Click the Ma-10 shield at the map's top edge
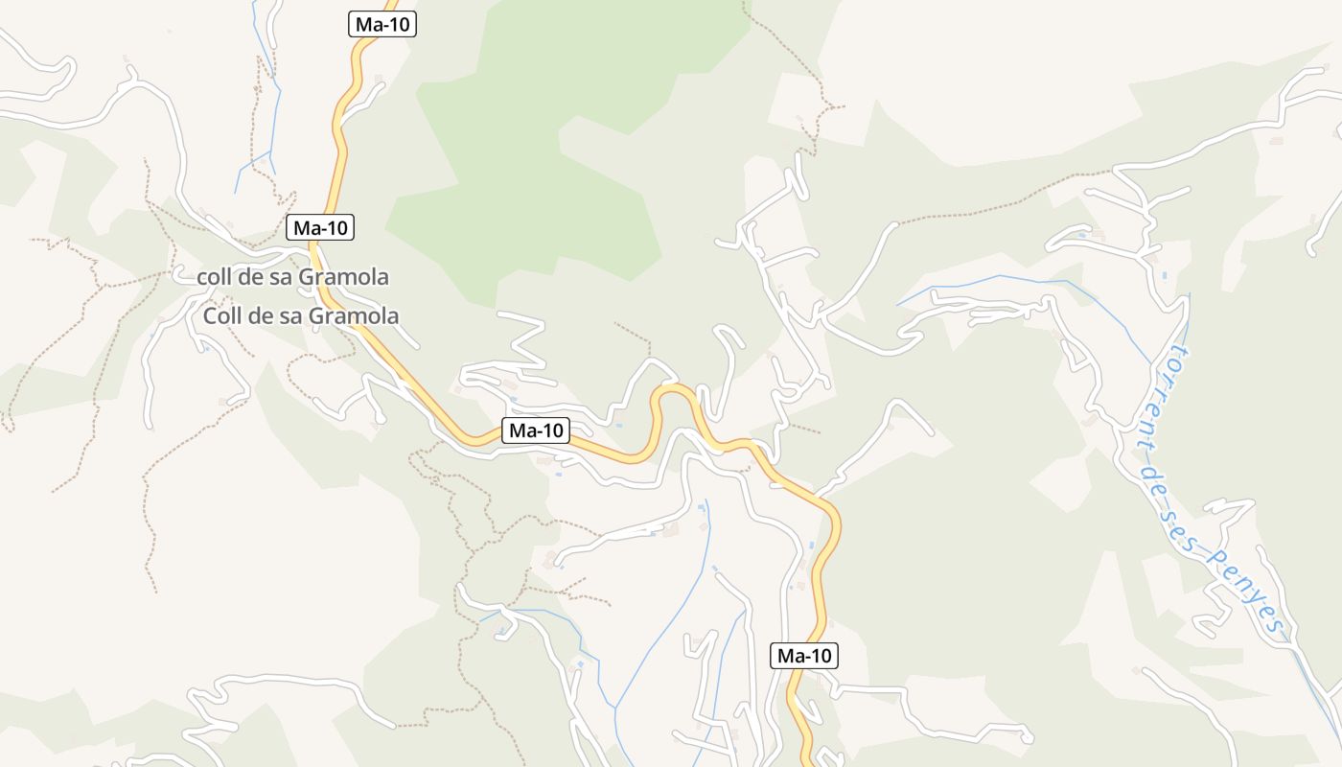(x=382, y=25)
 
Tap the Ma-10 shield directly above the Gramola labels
(x=320, y=227)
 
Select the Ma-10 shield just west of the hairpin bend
(x=536, y=430)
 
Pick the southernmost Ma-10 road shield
(x=804, y=656)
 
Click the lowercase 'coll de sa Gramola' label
(x=292, y=277)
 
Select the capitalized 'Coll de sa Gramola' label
(x=300, y=315)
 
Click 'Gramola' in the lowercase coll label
(x=343, y=277)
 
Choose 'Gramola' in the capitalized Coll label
(x=351, y=315)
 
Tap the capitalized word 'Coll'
(x=221, y=315)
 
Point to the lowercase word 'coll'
(x=214, y=277)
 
